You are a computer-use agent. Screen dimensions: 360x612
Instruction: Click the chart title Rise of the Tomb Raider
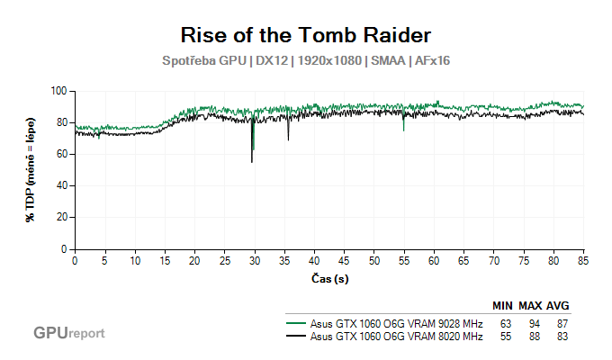tap(306, 35)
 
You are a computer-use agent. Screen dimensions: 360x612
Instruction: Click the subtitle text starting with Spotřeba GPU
tap(306, 61)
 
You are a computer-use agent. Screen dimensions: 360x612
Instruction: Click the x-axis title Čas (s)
tap(329, 279)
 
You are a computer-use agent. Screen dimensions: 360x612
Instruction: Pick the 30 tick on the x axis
tap(255, 260)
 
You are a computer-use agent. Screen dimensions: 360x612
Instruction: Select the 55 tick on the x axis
tap(404, 260)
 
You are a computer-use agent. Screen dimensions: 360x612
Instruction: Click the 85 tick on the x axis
tap(584, 260)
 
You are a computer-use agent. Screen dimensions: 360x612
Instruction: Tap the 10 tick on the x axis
tap(135, 260)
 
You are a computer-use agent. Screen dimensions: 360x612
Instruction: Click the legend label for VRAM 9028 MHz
tap(396, 322)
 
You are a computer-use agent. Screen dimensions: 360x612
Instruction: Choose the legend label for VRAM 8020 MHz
tap(396, 337)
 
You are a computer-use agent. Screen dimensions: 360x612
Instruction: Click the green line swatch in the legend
tap(294, 322)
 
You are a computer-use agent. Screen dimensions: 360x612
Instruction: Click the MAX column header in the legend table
tap(530, 306)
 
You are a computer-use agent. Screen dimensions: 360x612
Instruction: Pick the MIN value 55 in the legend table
tap(506, 337)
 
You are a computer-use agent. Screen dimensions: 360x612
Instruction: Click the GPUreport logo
tap(68, 333)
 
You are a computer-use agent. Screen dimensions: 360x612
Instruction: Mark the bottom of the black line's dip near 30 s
tap(252, 162)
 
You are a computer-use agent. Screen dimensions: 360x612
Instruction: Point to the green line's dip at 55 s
tap(404, 130)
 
